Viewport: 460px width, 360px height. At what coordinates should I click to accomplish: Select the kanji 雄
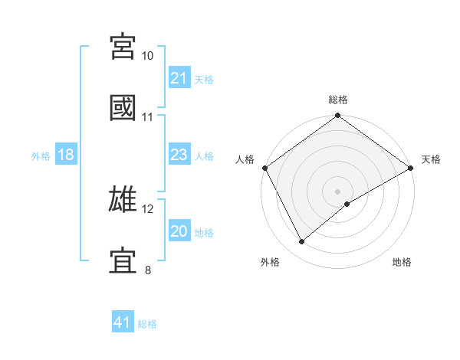tap(123, 199)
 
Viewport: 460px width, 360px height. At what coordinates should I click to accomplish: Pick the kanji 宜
tap(123, 260)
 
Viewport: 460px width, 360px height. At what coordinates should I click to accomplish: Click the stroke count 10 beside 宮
tap(148, 56)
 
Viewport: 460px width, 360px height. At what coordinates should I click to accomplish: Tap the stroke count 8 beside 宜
tap(148, 270)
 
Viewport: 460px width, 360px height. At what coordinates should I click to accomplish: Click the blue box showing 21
tap(179, 77)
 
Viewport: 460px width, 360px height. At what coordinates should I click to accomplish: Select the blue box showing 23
tap(179, 155)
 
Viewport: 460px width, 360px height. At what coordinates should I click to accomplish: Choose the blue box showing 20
tap(179, 231)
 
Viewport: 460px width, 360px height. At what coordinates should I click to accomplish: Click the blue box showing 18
tap(66, 155)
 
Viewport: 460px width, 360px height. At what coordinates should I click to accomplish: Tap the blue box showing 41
tap(123, 322)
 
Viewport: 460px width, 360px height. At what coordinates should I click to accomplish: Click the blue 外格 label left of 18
tap(41, 155)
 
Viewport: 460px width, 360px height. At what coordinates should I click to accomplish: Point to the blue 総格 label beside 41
tap(147, 323)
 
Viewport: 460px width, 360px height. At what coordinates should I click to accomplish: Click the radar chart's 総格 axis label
tap(338, 100)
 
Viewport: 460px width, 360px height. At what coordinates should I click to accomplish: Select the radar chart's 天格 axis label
tap(431, 159)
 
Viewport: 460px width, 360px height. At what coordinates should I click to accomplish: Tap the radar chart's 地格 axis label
tap(402, 262)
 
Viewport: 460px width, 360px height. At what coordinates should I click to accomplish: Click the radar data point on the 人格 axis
tap(264, 167)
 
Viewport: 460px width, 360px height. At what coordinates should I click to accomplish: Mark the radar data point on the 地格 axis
tap(347, 203)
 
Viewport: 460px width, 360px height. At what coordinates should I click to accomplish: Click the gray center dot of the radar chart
tap(338, 191)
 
